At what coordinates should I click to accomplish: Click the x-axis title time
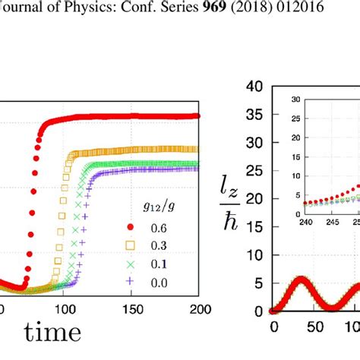[x=52, y=332]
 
